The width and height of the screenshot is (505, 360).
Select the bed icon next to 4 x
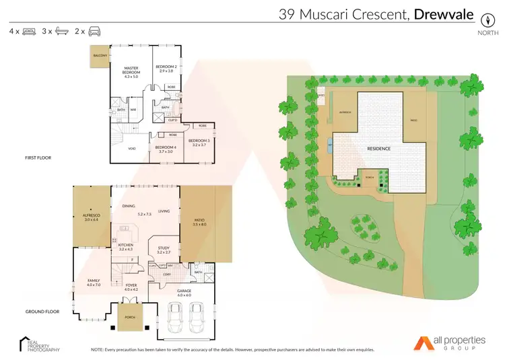pyautogui.click(x=28, y=31)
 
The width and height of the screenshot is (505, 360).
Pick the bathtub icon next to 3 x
pyautogui.click(x=61, y=31)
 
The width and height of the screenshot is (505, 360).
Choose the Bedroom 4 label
pyautogui.click(x=165, y=149)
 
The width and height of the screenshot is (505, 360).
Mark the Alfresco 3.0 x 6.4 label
pyautogui.click(x=91, y=217)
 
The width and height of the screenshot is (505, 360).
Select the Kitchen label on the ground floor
pyautogui.click(x=126, y=246)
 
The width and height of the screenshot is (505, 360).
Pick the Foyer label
pyautogui.click(x=131, y=287)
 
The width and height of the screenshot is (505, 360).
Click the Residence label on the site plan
pyautogui.click(x=378, y=148)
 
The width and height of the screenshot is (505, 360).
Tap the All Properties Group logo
pyautogui.click(x=448, y=343)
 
